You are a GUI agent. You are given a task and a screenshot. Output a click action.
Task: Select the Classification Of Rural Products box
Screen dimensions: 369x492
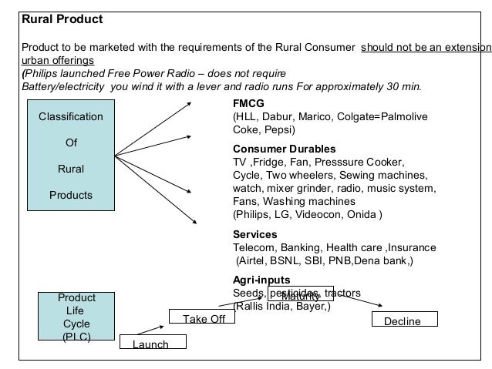click(71, 156)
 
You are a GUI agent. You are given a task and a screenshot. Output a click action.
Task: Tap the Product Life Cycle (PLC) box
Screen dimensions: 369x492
click(76, 317)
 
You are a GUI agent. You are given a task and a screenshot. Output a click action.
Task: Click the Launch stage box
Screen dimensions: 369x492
click(150, 344)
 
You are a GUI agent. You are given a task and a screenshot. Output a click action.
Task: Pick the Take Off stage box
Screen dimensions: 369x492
click(204, 319)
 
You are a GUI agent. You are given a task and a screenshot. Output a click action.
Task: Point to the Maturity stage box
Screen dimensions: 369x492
click(300, 297)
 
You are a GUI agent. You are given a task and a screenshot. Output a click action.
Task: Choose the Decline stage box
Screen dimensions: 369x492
click(402, 320)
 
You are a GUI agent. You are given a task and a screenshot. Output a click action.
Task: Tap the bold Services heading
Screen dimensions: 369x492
click(254, 234)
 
